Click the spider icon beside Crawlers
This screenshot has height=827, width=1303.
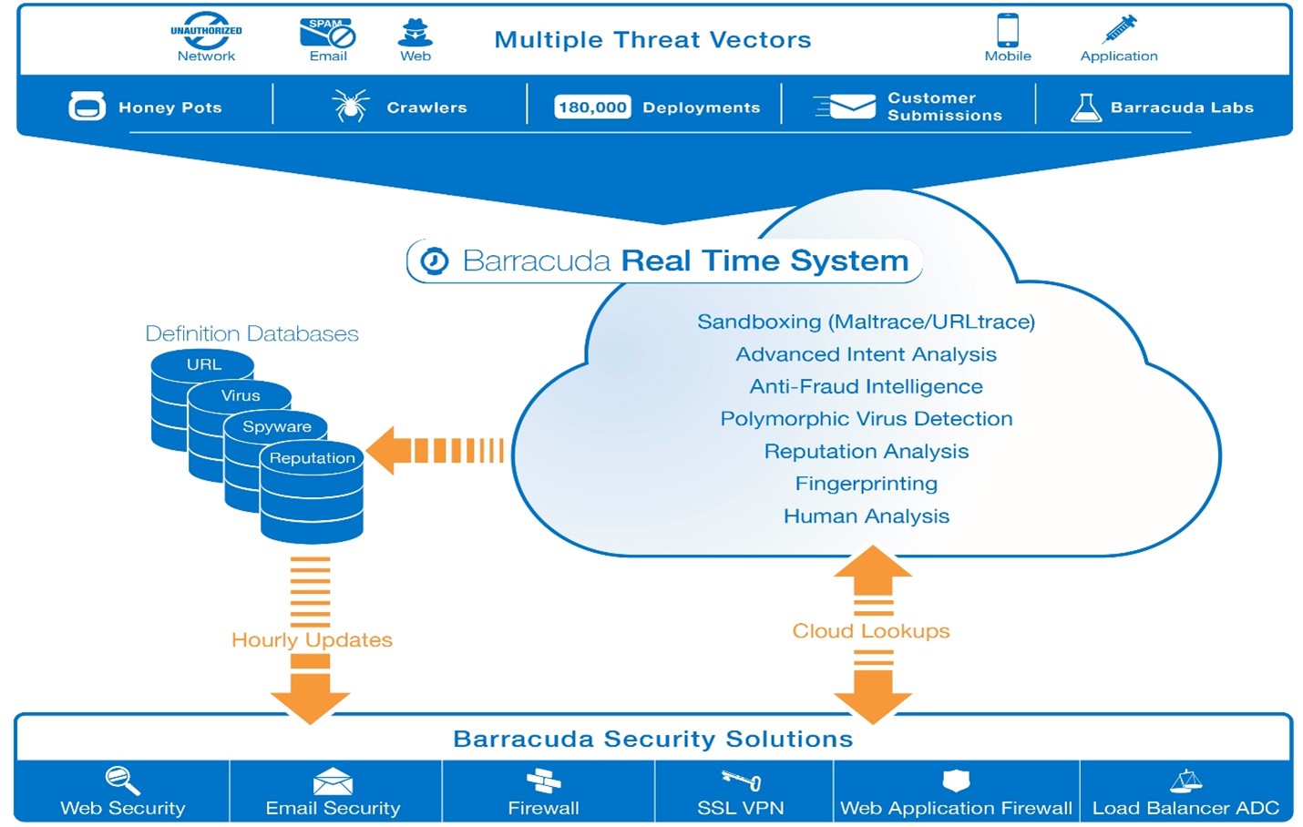tap(350, 107)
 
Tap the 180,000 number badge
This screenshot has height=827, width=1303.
tap(592, 107)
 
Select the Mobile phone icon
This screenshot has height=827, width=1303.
tap(1007, 29)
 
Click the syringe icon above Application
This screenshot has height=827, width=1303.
tap(1120, 29)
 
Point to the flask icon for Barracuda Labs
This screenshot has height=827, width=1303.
tap(1085, 107)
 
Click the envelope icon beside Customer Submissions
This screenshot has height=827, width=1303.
tap(846, 107)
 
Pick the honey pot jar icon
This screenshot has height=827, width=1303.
tap(87, 107)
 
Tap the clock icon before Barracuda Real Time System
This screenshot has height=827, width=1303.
tap(434, 261)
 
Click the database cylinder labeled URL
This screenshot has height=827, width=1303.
tap(203, 365)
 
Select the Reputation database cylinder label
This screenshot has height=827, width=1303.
tap(312, 458)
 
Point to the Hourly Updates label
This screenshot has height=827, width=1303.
tap(312, 640)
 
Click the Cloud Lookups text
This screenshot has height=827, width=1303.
tap(870, 631)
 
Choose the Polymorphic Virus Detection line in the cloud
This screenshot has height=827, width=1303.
tap(866, 419)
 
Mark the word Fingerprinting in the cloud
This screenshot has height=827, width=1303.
tap(866, 484)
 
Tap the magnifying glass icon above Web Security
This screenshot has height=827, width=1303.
tap(122, 780)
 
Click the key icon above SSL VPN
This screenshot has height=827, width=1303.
tap(741, 780)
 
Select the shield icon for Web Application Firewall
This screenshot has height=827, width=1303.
tap(956, 780)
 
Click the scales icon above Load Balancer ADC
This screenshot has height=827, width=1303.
tap(1185, 781)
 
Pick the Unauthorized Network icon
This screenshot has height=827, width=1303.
tap(206, 30)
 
